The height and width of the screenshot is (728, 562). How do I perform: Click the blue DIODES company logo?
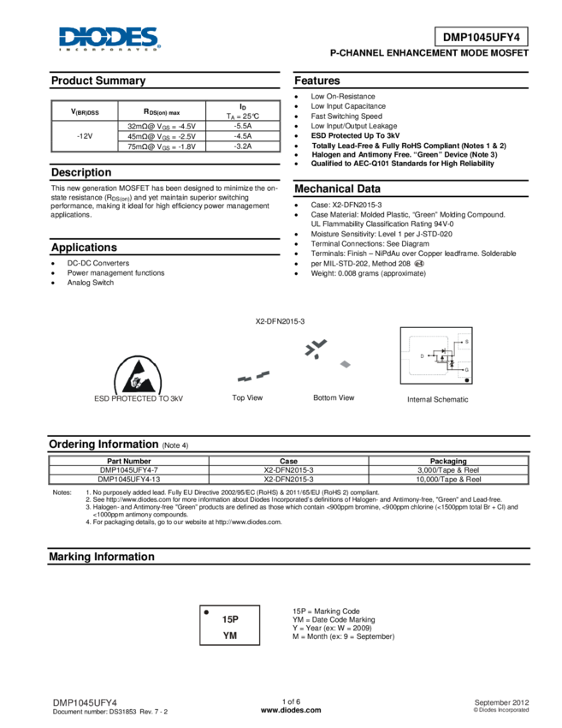(109, 39)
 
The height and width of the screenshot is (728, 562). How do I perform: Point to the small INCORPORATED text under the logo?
(109, 51)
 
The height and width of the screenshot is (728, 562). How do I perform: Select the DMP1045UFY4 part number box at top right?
(481, 37)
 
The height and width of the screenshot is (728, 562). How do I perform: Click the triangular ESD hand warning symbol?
(139, 374)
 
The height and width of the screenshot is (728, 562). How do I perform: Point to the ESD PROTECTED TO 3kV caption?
(139, 398)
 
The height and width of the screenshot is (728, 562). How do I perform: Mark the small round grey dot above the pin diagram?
(419, 263)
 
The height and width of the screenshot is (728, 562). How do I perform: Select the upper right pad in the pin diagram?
(463, 342)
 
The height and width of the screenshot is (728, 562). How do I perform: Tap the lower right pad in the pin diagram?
(463, 370)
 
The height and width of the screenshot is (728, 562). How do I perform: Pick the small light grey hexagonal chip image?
(346, 364)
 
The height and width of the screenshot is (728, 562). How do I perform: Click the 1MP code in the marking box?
(229, 618)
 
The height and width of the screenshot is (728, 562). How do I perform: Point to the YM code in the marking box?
(229, 635)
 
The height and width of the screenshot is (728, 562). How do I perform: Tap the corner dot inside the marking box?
(206, 612)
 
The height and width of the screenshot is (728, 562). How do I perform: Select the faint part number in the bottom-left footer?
(85, 702)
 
